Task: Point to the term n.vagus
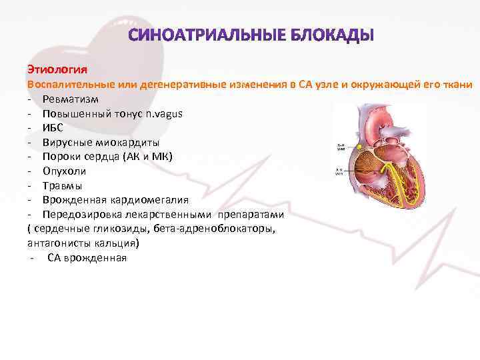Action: pos(163,113)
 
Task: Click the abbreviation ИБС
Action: pos(53,128)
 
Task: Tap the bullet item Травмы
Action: pos(63,185)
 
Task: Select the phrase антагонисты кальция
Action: pos(83,243)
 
